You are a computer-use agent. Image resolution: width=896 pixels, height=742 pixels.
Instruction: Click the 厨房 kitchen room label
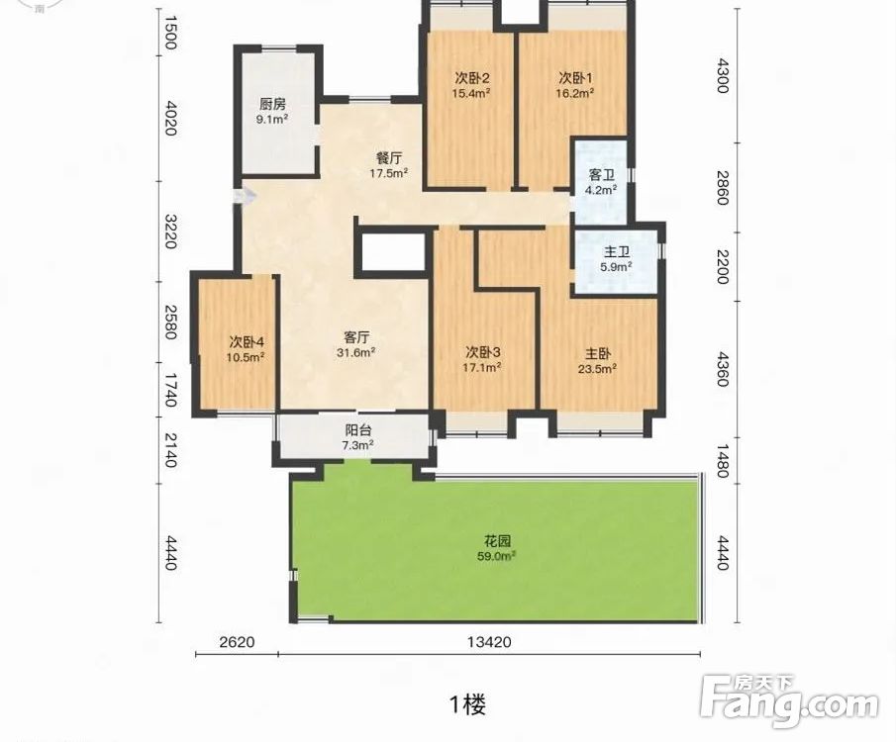pos(272,105)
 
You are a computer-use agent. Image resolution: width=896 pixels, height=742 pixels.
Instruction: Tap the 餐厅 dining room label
pos(388,158)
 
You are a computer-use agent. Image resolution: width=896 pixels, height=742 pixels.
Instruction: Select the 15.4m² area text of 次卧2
pos(471,93)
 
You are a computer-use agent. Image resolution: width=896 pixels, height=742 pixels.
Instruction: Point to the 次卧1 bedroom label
pos(575,77)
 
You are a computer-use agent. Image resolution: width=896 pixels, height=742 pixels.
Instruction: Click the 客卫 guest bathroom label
pos(602,175)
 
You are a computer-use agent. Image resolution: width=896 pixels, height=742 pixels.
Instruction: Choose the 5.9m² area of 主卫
pos(616,266)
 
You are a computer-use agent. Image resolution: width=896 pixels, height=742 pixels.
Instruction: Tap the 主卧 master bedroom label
pos(597,353)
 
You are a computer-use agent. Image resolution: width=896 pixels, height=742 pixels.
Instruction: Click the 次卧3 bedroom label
pos(483,352)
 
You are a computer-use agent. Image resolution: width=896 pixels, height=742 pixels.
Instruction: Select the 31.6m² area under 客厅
pos(355,352)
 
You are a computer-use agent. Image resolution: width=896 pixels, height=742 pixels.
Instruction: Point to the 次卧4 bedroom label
pos(247,342)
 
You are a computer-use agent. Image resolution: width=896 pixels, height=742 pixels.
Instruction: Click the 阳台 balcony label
pos(357,430)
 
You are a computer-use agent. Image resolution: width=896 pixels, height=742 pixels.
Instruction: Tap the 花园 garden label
pos(497,540)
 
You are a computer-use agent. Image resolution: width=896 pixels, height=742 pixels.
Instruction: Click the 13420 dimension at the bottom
pos(489,642)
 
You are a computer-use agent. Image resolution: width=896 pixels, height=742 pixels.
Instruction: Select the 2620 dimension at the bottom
pos(238,642)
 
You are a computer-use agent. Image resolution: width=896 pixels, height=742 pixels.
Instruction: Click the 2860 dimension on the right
pos(723,187)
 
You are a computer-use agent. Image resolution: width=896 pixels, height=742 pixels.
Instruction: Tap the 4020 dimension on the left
pos(169,119)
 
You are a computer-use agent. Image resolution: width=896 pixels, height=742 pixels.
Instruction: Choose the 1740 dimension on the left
pos(169,390)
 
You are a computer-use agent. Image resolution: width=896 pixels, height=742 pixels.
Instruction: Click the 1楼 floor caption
pos(468,703)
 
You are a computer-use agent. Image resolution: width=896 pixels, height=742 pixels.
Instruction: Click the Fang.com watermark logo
pos(789,701)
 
